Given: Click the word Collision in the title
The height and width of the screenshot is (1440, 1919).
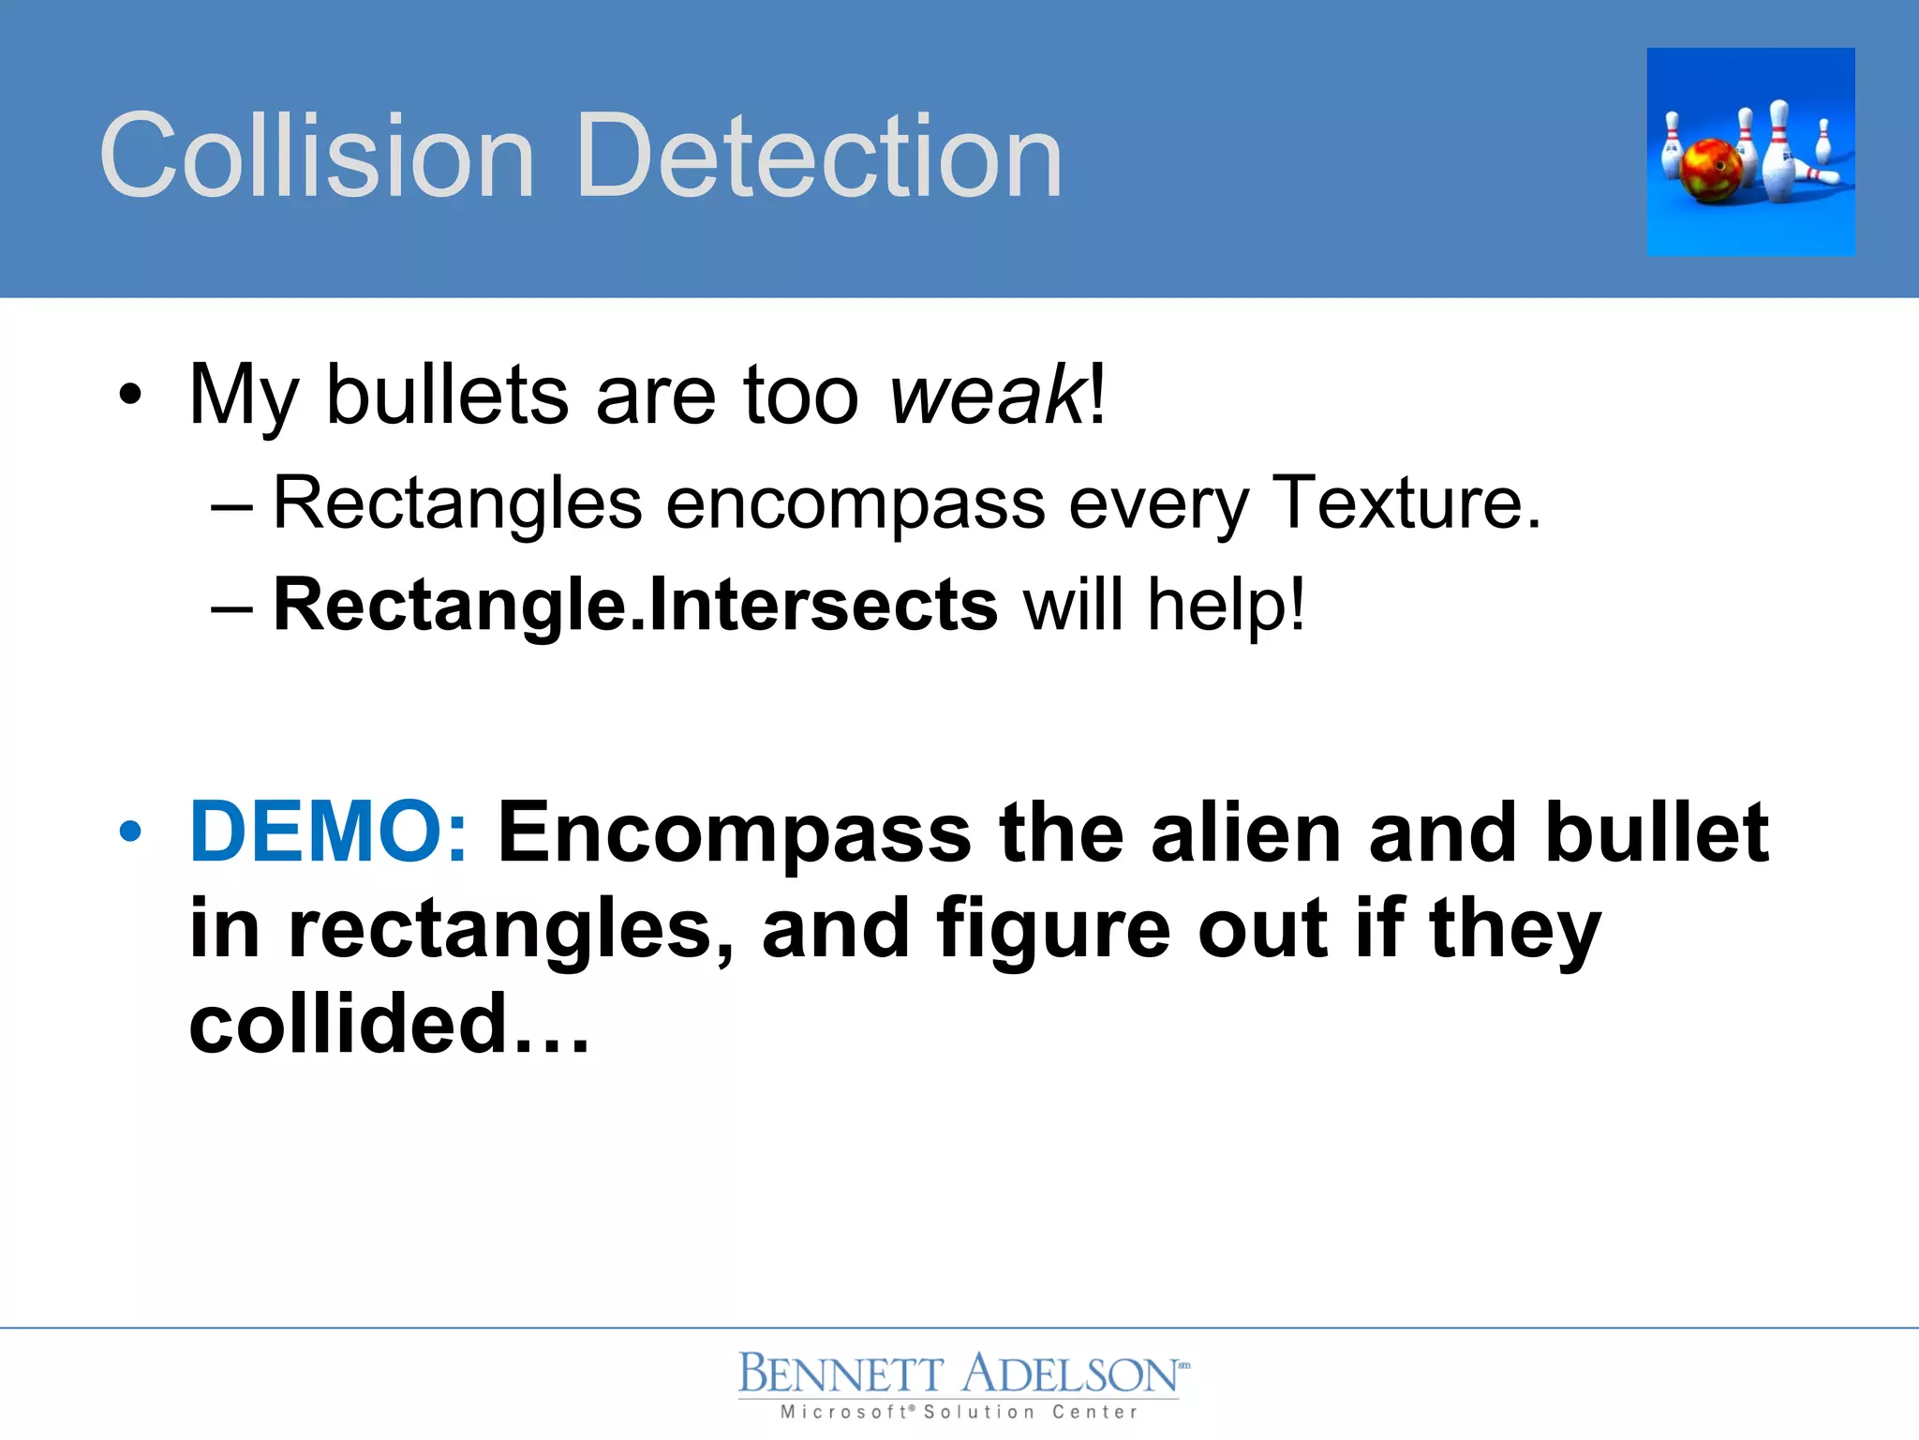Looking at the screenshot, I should [317, 156].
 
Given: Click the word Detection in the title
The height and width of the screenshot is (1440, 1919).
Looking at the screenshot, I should [820, 156].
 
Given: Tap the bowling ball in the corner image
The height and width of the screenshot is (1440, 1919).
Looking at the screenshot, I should [1711, 171].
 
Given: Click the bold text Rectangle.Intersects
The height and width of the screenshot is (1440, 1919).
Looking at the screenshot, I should [635, 605].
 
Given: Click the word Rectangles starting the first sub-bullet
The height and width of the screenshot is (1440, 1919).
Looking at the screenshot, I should [457, 504].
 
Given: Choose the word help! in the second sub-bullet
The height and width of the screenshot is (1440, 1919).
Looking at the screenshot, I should [1226, 605].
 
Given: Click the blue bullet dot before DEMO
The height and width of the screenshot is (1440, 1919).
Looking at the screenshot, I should [131, 832].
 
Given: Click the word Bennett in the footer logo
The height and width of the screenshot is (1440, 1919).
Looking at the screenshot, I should [840, 1374].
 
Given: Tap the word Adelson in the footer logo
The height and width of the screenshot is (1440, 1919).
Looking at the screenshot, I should [1070, 1374].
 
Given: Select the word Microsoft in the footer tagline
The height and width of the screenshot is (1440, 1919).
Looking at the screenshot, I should [843, 1412].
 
